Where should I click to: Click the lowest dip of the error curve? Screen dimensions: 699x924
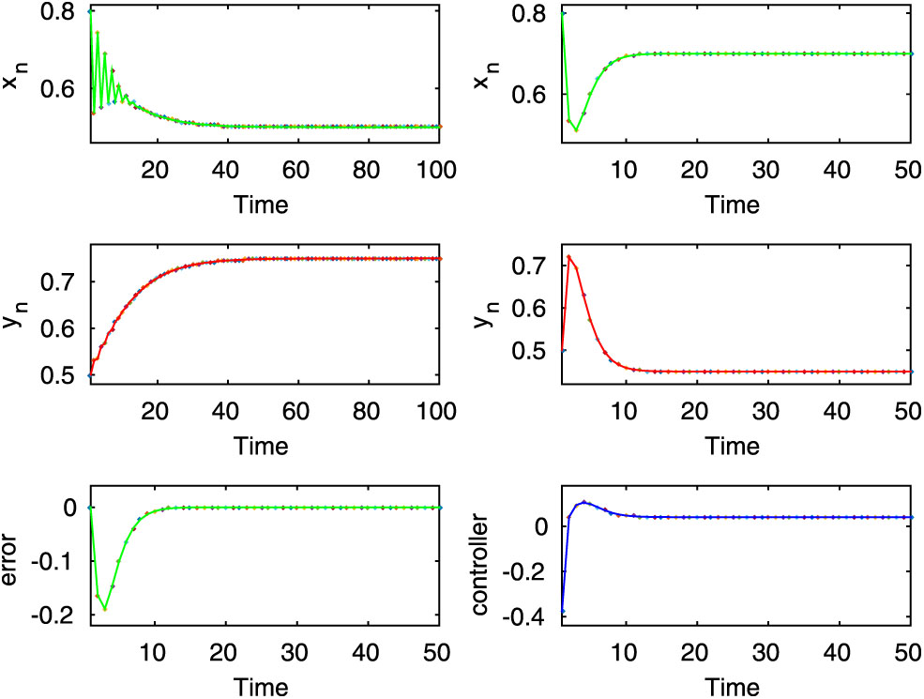105,609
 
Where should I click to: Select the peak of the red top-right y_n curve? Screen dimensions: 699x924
568,256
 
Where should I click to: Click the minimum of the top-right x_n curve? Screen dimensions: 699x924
576,130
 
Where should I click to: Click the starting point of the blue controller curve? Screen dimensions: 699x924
561,611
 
